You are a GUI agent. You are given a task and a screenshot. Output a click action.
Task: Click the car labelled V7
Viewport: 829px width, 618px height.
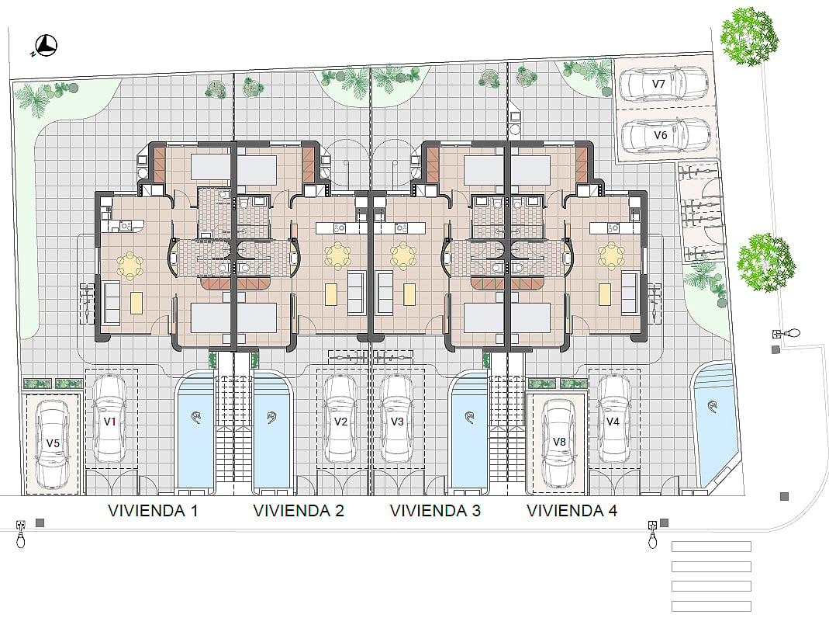pos(664,84)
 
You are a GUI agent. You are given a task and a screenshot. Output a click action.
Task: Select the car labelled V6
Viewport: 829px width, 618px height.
pos(665,134)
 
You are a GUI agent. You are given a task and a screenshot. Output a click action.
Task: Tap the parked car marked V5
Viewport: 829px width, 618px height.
pos(52,443)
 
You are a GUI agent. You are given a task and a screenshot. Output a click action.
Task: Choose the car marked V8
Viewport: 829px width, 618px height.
pos(559,443)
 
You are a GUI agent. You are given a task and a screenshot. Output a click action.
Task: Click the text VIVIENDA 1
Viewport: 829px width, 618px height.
pos(153,511)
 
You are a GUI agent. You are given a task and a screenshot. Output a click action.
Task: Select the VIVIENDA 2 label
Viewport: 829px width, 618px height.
pos(299,511)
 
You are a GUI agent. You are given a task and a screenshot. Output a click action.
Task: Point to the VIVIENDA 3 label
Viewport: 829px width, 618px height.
pos(435,511)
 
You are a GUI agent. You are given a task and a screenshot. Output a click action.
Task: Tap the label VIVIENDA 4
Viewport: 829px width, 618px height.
pos(572,511)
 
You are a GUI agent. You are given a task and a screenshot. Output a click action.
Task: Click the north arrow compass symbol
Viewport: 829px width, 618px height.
pos(46,46)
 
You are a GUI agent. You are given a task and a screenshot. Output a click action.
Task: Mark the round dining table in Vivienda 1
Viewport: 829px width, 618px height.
pos(130,265)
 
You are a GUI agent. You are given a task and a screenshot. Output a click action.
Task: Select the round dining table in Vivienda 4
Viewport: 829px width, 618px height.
pos(611,255)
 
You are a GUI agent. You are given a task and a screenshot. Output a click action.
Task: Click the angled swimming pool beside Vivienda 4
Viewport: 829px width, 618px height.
pos(717,423)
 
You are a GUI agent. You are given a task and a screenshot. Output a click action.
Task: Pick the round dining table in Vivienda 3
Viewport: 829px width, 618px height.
pos(403,255)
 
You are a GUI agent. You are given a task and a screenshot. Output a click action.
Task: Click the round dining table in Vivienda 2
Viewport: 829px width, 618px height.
pos(338,255)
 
